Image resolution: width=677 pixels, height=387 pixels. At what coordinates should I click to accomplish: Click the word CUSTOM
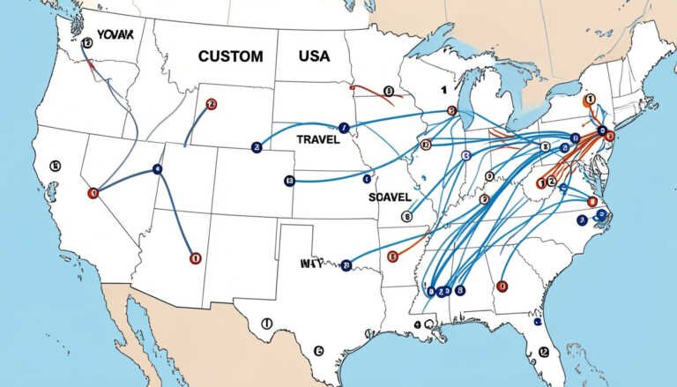coord(230,56)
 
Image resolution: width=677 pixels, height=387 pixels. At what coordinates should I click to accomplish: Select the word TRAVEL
coord(318,139)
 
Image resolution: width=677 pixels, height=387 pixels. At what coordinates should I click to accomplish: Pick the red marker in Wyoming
coord(210,104)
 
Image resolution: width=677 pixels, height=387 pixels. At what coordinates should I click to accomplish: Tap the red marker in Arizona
coord(195,258)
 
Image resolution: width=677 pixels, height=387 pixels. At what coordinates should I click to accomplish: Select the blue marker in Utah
coord(158,168)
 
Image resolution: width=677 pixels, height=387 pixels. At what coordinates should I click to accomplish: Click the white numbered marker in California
coord(55,165)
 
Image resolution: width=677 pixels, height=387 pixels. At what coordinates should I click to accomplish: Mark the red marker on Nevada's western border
coord(93,190)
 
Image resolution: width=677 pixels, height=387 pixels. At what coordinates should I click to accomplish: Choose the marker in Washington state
coord(86,42)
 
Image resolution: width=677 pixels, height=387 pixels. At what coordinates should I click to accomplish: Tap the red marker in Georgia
coord(502,286)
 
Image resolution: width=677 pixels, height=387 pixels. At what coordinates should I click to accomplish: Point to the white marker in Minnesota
coord(387,90)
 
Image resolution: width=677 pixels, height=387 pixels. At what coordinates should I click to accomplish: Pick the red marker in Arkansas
coord(393,256)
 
